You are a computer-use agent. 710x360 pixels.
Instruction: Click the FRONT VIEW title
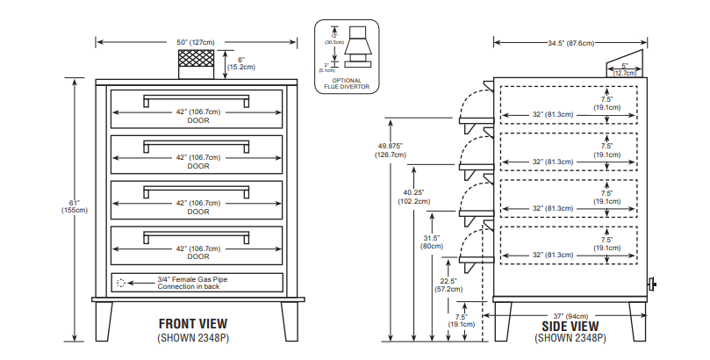tap(197, 322)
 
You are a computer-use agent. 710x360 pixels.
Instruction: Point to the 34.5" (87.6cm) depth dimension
tap(570, 41)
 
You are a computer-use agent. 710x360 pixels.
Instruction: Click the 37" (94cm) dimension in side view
tap(571, 315)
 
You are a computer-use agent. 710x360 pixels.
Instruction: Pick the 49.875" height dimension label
tap(391, 150)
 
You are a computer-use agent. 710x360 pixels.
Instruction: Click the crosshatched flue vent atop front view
tap(197, 60)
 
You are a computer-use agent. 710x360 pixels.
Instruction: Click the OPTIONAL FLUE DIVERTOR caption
tap(347, 85)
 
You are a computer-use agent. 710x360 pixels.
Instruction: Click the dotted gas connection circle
tap(121, 283)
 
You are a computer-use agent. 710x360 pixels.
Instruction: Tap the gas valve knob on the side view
tap(651, 284)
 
